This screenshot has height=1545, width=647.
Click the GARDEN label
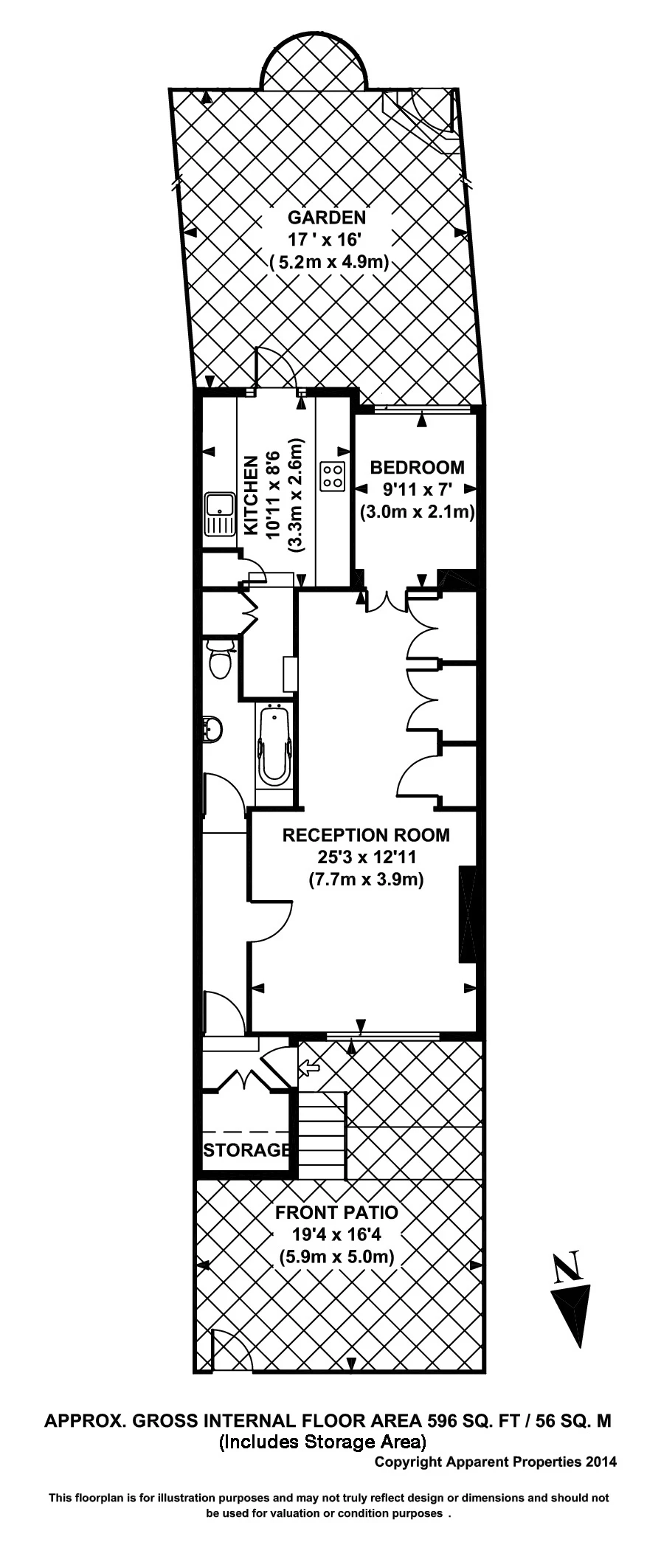tap(326, 217)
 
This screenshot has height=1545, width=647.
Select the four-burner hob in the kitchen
tap(333, 476)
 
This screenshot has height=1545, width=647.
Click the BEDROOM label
tap(417, 467)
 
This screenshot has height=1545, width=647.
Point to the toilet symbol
tap(220, 659)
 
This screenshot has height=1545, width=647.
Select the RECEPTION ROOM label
tap(366, 834)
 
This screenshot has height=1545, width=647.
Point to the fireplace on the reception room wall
tap(468, 915)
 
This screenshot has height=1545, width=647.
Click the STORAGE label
tap(246, 1150)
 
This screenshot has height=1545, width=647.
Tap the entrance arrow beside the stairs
tap(308, 1067)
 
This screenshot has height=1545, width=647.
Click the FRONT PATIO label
tap(336, 1212)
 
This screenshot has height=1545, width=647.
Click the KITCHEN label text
tap(251, 496)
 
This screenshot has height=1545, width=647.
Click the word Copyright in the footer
tap(408, 1461)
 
